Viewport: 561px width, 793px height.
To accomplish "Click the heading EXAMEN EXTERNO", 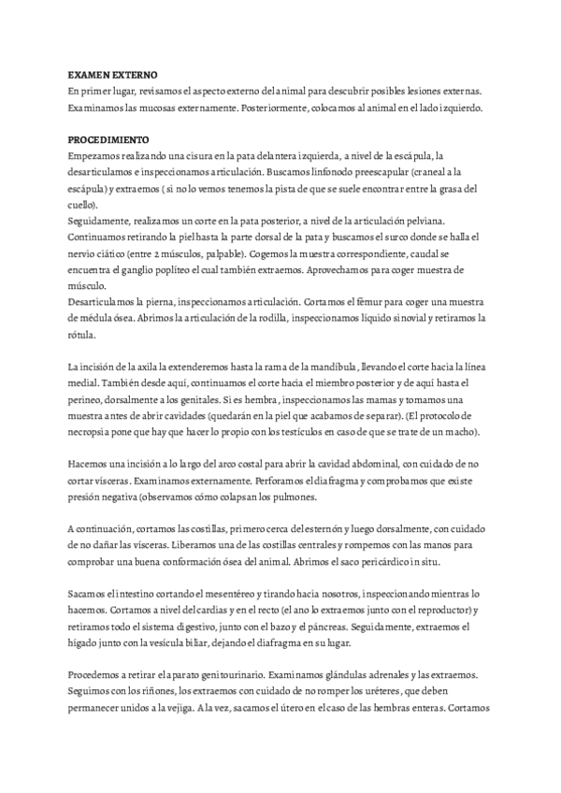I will click(113, 73).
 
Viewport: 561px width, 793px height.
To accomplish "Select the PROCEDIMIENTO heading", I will click(109, 137).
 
